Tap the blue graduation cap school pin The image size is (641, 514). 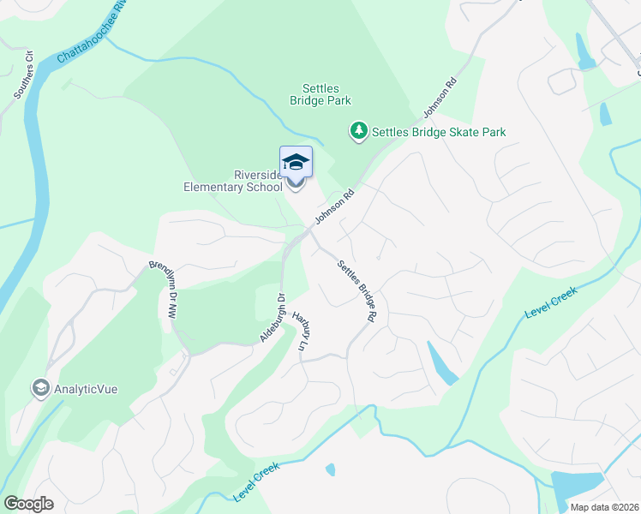click(x=296, y=162)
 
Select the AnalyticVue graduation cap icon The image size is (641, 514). click(x=40, y=388)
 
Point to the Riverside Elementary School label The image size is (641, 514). click(x=233, y=180)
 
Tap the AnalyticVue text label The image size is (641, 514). click(x=86, y=389)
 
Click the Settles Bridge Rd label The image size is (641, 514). click(x=357, y=290)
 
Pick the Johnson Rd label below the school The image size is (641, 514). click(x=334, y=208)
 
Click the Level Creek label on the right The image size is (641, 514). click(x=550, y=304)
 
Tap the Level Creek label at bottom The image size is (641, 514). click(x=257, y=484)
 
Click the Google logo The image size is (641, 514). click(x=28, y=504)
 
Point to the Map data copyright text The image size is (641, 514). click(x=604, y=507)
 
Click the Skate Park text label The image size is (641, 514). click(x=439, y=132)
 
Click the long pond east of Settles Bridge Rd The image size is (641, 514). click(x=441, y=363)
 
